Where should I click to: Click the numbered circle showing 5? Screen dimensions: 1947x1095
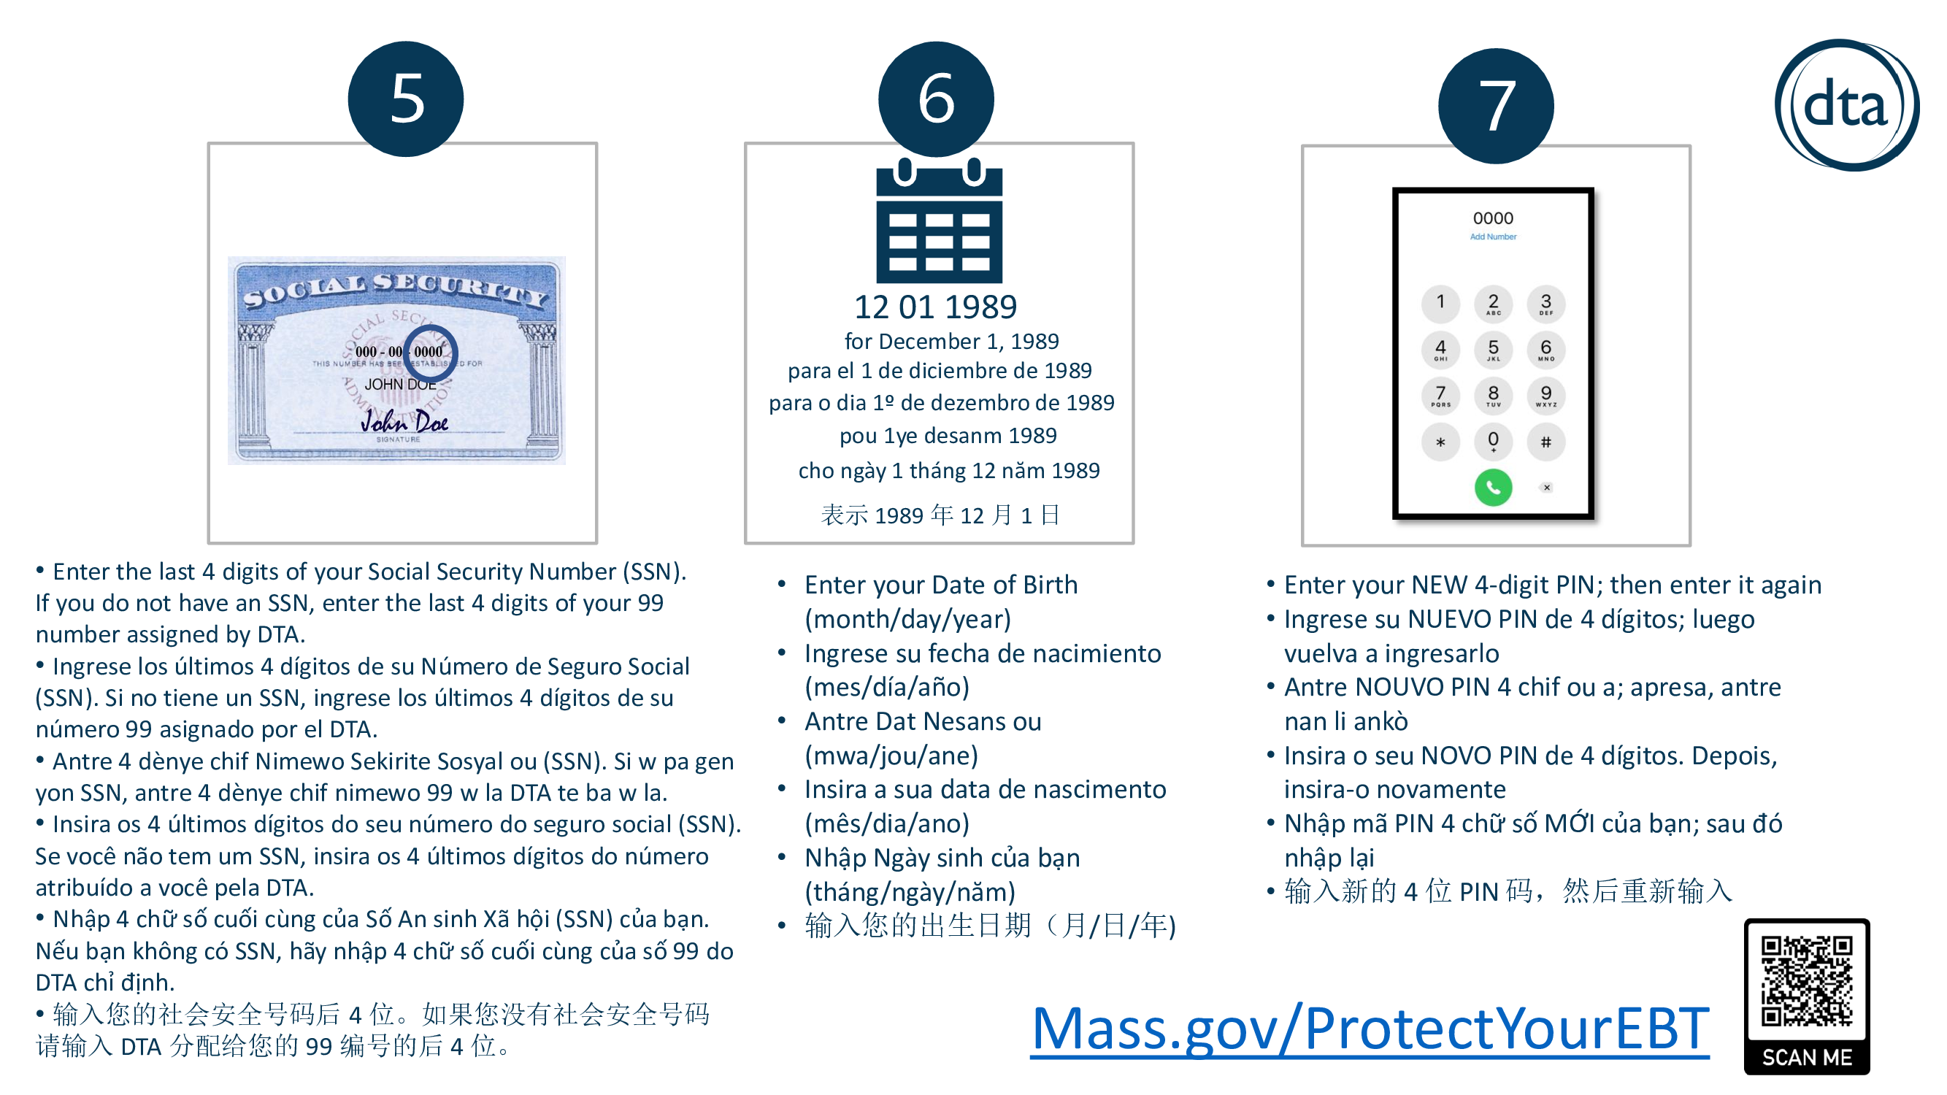pos(406,99)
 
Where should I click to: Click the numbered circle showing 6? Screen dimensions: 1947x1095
pos(936,99)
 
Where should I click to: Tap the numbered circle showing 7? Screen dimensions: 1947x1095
pos(1496,106)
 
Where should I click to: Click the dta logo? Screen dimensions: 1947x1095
pos(1846,105)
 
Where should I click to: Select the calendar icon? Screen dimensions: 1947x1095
pos(939,220)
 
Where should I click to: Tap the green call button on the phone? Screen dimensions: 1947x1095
pos(1493,488)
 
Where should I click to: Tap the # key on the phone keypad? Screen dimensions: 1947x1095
pos(1545,442)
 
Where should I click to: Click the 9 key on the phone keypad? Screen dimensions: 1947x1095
pos(1545,395)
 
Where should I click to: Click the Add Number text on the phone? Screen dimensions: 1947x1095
pos(1493,237)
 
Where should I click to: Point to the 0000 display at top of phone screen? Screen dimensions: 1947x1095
pos(1493,218)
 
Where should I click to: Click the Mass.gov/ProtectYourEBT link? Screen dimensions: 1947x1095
pos(1370,1029)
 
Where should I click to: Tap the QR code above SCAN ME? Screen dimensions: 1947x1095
pos(1806,980)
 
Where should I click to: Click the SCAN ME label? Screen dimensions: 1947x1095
pos(1806,1057)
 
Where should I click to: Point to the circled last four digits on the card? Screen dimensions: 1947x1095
pos(430,351)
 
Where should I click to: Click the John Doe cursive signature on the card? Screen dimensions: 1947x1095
pos(404,421)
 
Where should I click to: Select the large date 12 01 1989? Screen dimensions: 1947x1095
pos(936,307)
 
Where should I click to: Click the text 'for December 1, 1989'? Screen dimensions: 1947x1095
pos(951,342)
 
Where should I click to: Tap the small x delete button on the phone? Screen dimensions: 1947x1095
pos(1546,488)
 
